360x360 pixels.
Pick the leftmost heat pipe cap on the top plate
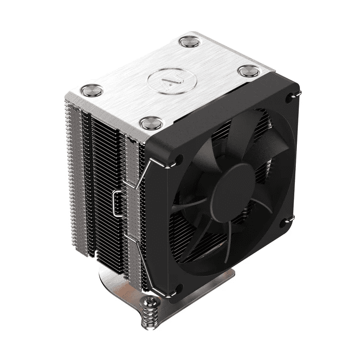(x=92, y=90)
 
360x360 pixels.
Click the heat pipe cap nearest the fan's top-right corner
(x=249, y=71)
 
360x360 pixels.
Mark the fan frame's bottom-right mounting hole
(x=291, y=219)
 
